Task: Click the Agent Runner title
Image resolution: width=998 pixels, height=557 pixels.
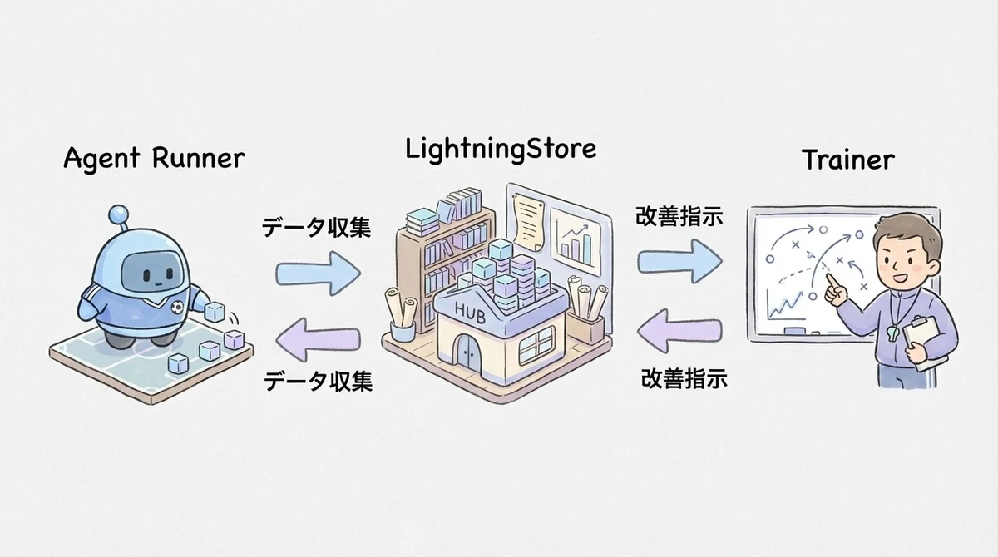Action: point(155,158)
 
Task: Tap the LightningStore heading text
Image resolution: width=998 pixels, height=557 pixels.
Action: point(501,149)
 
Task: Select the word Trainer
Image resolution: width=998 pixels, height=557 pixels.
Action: point(847,159)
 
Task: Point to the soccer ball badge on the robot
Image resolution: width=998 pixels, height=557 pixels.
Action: point(176,307)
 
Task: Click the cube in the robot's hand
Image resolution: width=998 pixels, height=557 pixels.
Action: point(214,313)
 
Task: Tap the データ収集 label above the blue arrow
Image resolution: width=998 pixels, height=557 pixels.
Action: point(317,228)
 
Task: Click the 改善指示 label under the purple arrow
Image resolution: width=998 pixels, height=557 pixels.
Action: point(684,380)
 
